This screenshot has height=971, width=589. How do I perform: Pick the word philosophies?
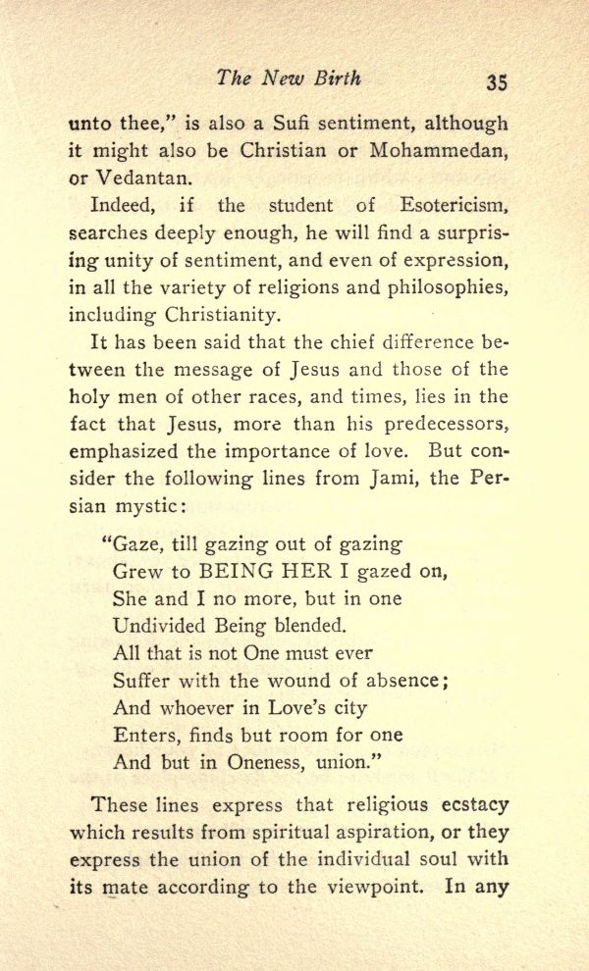pos(454,289)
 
